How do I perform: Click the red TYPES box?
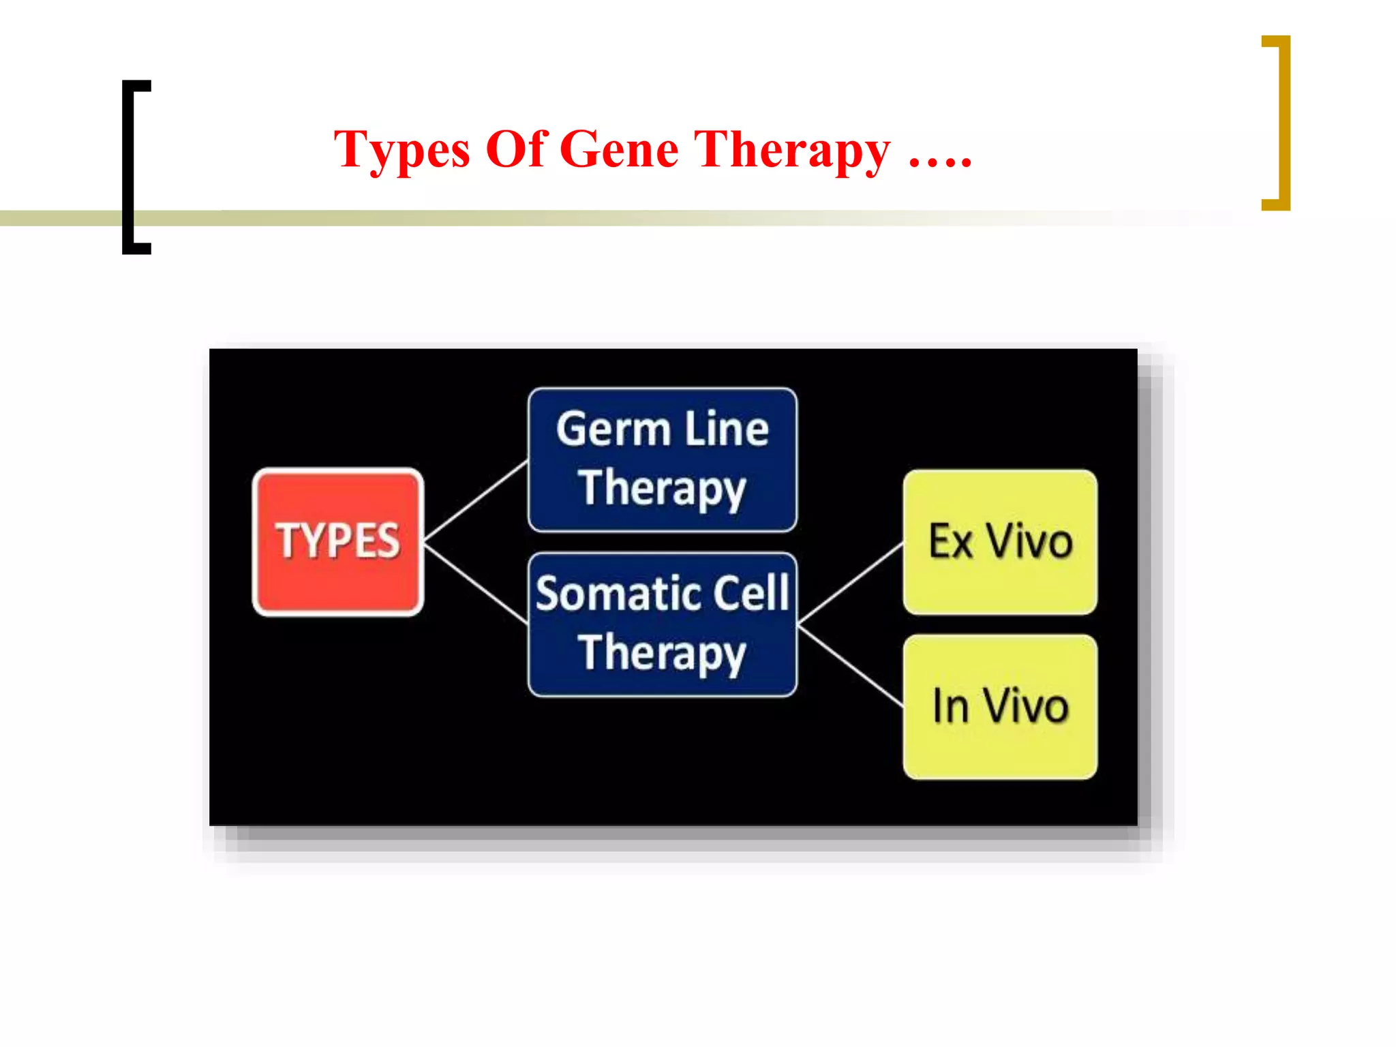tap(338, 542)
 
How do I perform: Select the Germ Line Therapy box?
tap(662, 459)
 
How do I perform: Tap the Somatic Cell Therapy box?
tap(662, 624)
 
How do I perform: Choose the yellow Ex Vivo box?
tap(1000, 542)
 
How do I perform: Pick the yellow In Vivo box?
tap(1000, 707)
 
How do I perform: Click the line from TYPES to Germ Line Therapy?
tap(476, 501)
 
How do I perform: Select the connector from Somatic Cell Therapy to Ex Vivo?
tap(851, 583)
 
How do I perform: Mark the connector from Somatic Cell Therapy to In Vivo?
tap(851, 666)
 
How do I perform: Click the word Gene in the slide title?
tap(619, 149)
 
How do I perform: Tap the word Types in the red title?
tap(401, 151)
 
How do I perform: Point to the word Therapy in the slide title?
tap(791, 151)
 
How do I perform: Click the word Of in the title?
tap(516, 149)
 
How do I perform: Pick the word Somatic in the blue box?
tap(608, 594)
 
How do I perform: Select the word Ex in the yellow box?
tap(950, 542)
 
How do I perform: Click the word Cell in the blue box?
tap(750, 593)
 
